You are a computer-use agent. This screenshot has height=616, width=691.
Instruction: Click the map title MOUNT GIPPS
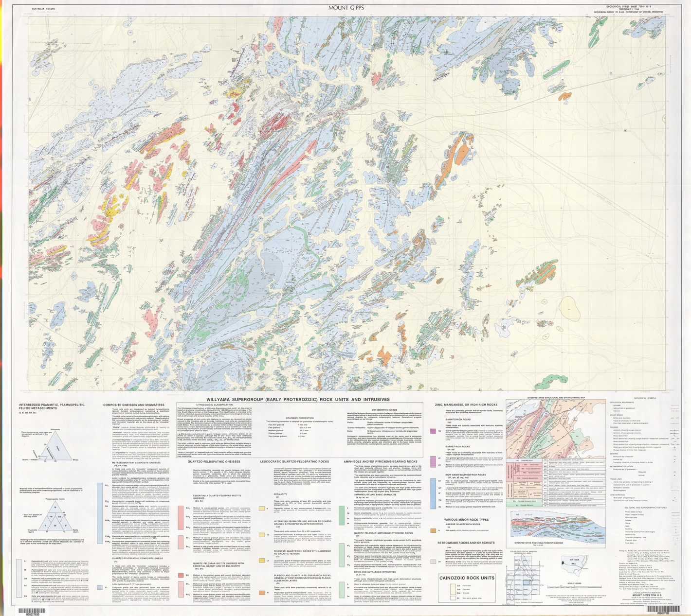pos(345,7)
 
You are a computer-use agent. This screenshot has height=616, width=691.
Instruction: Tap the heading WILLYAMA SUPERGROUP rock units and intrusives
pos(298,399)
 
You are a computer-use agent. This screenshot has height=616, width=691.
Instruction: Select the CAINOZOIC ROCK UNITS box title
pos(467,578)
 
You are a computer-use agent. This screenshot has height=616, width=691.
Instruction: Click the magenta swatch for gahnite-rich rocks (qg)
pos(433,431)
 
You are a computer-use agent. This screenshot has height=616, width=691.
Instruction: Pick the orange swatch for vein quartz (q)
pos(433,530)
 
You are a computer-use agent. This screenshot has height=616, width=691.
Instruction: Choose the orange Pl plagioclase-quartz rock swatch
pos(261,593)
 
